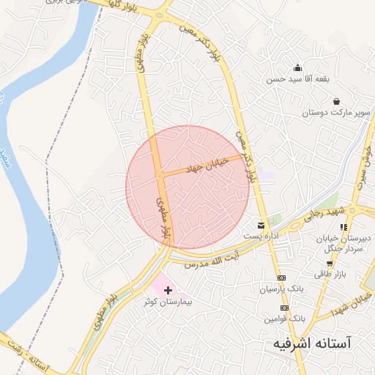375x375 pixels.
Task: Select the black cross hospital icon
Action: coord(168,291)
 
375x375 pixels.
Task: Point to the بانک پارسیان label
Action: coord(281,289)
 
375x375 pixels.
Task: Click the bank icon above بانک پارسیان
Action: coord(281,278)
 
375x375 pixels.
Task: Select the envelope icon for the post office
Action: coord(261,225)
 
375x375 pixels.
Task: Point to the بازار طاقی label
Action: coord(329,273)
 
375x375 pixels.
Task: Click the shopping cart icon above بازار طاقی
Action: coord(330,263)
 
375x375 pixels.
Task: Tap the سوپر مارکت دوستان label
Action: coord(338,113)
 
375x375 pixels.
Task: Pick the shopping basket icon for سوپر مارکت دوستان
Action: coord(336,101)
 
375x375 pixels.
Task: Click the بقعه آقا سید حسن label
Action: coord(299,78)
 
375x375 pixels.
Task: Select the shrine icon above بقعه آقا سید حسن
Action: coord(297,67)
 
